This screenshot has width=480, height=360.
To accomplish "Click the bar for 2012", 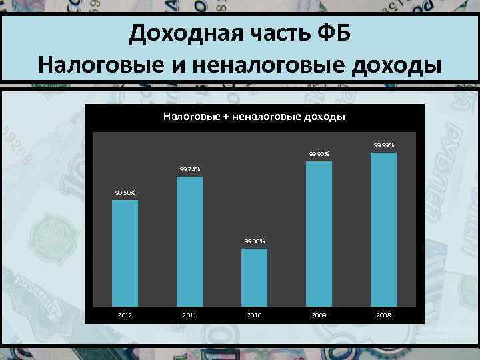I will [125, 253].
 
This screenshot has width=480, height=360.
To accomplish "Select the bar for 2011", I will [189, 241].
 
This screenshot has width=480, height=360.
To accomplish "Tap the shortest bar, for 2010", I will [254, 277].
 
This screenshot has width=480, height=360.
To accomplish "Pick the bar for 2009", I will [319, 233].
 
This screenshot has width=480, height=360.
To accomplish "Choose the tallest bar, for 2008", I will [383, 229].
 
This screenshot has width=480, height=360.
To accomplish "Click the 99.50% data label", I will [125, 193].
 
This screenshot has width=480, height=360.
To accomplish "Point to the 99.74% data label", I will [189, 170].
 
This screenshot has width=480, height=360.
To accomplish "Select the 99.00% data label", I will [254, 241].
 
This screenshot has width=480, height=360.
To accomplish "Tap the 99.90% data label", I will [319, 155].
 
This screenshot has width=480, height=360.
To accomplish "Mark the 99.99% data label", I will [383, 145].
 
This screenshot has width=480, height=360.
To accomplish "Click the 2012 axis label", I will [125, 313].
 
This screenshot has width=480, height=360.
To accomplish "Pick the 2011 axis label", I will [189, 313].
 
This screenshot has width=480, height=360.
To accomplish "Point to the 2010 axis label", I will [254, 313].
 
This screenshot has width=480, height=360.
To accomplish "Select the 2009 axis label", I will [319, 313].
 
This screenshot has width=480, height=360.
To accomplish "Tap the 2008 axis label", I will [383, 313].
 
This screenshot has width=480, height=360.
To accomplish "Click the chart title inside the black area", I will [254, 117].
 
